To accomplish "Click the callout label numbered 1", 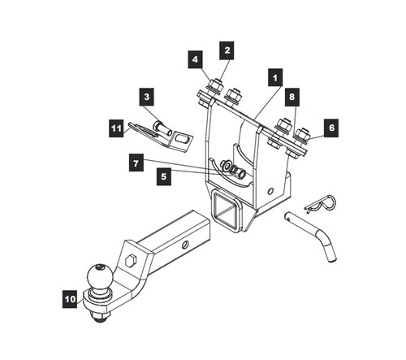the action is [275, 77].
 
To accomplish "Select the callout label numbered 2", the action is [227, 50].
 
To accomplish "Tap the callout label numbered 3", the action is [147, 97].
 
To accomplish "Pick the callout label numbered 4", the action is [195, 59].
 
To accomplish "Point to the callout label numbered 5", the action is [164, 176].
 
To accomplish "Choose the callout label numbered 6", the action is [331, 128].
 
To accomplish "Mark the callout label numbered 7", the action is [136, 163].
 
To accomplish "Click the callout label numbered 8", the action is [292, 97].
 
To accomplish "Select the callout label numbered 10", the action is [70, 299].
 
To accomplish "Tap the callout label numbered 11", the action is [116, 128].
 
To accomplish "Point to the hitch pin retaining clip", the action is [322, 204].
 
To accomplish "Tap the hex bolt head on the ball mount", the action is [132, 261].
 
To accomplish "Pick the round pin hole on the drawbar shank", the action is [185, 245].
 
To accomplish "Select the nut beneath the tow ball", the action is [102, 316].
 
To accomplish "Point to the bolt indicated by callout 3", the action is [162, 128].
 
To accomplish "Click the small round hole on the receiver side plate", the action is [270, 191].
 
